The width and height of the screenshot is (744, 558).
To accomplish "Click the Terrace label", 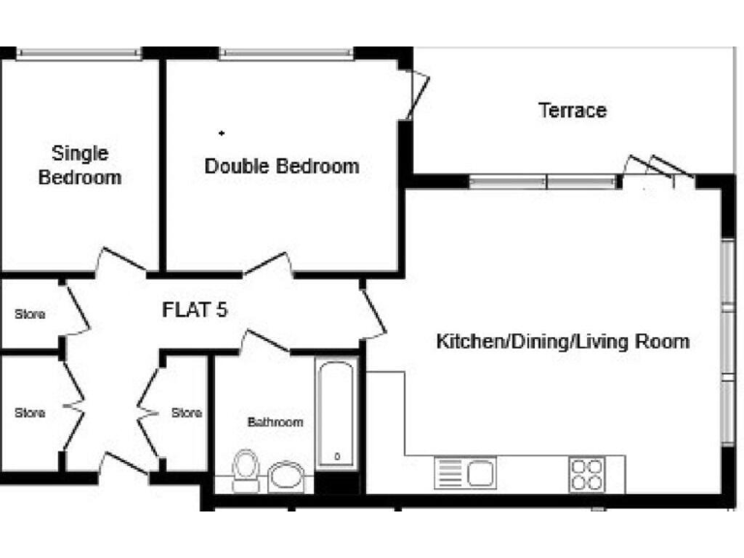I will tap(572, 110).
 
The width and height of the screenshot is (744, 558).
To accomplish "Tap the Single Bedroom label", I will tap(79, 165).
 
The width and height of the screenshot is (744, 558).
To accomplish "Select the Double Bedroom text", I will tap(281, 166).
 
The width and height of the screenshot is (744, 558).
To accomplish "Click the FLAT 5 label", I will tap(195, 311).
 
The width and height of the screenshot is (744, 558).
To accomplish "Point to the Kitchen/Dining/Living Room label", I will tap(562, 341).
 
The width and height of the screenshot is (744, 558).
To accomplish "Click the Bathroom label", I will tap(275, 422).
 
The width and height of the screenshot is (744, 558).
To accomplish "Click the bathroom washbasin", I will tap(286, 476).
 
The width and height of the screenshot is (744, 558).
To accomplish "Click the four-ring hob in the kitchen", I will tap(586, 474).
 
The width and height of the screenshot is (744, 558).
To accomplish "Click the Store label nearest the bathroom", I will tap(186, 413).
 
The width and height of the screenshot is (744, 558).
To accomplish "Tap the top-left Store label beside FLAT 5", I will tap(29, 315).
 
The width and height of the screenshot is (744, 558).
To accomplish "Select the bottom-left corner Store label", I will tap(29, 413).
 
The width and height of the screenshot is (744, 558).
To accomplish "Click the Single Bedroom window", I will tap(79, 54).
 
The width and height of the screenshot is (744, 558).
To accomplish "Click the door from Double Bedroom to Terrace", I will tap(418, 95).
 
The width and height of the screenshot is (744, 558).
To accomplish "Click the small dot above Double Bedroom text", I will tap(222, 132).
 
